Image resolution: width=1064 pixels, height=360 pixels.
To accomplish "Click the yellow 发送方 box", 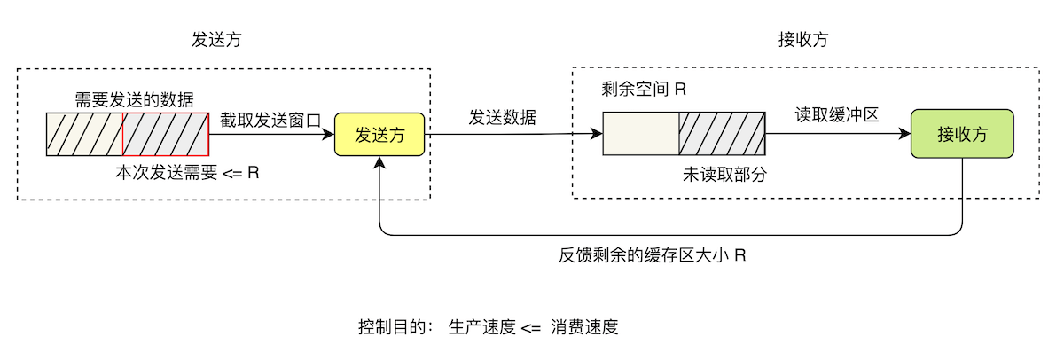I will [379, 135].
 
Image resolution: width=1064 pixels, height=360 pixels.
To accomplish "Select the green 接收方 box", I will [962, 135].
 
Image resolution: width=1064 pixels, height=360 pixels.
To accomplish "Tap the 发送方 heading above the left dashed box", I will [216, 40].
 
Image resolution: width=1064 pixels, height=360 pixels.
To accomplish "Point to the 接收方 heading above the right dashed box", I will [803, 40].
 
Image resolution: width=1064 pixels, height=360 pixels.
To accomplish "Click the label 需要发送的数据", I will [134, 98].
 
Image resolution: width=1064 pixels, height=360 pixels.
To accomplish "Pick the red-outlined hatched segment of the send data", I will [166, 134].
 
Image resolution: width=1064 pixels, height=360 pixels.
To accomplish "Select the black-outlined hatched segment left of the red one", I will [84, 134].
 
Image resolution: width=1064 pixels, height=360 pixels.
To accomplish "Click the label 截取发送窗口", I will [270, 121].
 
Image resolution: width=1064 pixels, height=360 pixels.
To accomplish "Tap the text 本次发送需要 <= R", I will [187, 173].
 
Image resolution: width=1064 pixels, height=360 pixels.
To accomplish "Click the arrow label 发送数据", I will [502, 117].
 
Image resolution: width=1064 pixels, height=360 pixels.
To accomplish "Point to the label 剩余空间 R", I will [644, 90].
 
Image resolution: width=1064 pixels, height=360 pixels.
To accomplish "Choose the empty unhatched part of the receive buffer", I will [640, 134].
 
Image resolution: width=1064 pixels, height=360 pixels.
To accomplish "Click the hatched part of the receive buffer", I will [722, 134].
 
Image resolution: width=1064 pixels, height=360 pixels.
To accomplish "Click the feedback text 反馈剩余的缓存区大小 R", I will [652, 255].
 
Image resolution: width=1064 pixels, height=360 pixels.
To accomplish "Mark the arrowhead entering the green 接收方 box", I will [905, 135].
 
